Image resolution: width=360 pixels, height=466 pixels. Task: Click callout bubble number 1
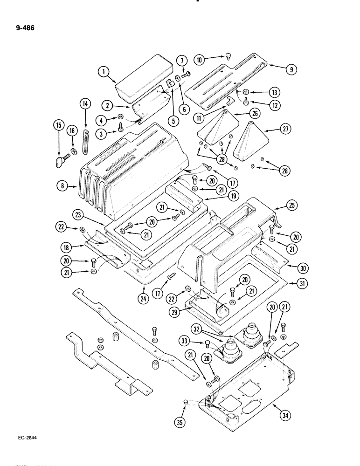coord(103,72)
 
